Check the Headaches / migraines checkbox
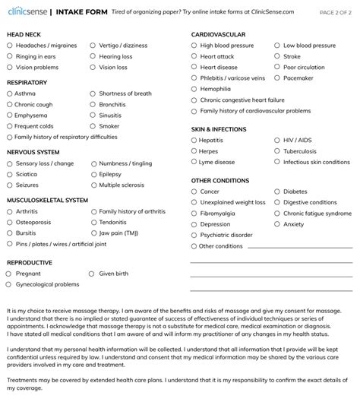click(x=10, y=45)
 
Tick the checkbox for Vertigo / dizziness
click(x=93, y=45)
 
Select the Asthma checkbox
click(x=10, y=93)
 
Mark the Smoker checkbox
click(x=93, y=126)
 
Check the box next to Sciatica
click(x=10, y=174)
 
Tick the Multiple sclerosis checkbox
click(x=93, y=185)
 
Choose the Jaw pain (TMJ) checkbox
click(x=93, y=233)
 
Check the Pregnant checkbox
click(x=10, y=273)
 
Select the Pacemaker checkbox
click(x=277, y=78)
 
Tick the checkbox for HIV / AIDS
click(x=277, y=141)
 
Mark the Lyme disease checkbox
click(x=194, y=162)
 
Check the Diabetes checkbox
click(x=277, y=192)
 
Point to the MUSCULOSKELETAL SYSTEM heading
click(x=47, y=201)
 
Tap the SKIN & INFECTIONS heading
click(x=219, y=130)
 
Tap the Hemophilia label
click(x=215, y=88)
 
